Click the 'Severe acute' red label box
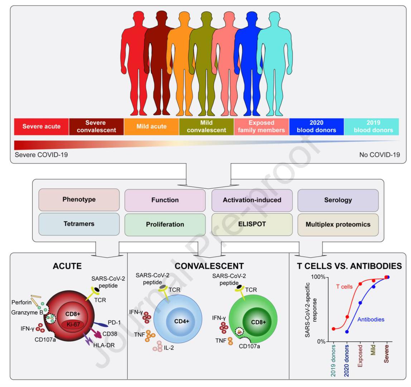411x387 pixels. click(x=42, y=126)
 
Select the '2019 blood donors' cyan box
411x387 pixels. click(x=371, y=126)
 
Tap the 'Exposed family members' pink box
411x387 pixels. click(x=261, y=126)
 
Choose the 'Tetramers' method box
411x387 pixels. click(x=79, y=224)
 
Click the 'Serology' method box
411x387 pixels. click(x=338, y=200)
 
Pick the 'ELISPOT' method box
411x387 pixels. click(x=252, y=224)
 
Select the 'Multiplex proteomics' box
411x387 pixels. click(x=338, y=225)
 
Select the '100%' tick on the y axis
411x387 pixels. click(x=318, y=277)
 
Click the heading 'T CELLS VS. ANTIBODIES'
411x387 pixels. click(x=349, y=266)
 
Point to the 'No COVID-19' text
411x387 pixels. click(x=379, y=155)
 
